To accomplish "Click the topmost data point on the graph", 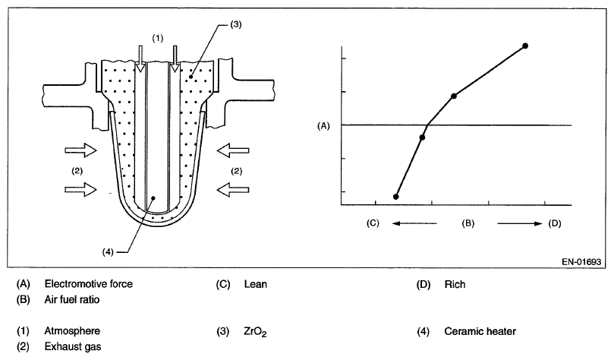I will point(525,46).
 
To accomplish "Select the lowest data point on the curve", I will point(396,197).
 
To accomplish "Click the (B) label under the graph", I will point(468,223).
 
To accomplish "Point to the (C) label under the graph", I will point(372,223).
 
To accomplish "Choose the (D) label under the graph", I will point(554,223).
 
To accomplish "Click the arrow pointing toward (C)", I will point(414,223).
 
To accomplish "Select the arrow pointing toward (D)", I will point(521,223).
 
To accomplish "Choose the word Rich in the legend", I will point(455,285).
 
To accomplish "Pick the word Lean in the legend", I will point(257,285).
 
